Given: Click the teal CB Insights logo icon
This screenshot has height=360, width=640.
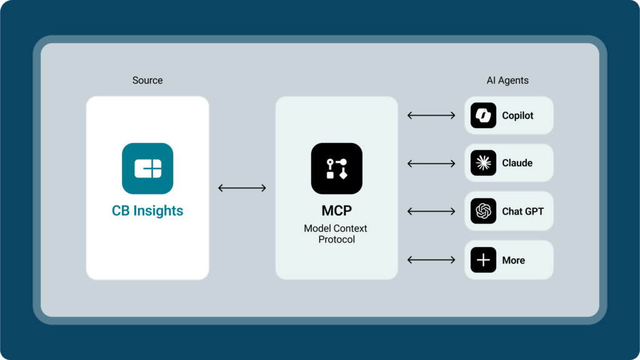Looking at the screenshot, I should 147,168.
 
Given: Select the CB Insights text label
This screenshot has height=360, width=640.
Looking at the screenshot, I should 147,211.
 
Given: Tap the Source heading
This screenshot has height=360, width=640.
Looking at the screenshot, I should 147,81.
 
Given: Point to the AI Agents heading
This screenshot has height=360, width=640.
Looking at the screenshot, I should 507,81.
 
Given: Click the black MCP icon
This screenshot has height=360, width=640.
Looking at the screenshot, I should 336,168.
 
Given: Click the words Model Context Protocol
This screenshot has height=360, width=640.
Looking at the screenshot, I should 336,234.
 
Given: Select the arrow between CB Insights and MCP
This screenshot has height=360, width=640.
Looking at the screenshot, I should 242,187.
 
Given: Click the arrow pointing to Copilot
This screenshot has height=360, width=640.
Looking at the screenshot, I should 431,116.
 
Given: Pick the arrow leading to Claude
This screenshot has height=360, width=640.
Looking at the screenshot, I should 431,164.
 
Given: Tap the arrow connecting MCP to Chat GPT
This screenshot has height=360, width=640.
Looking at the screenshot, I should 431,211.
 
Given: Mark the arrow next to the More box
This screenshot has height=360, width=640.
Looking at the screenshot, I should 431,259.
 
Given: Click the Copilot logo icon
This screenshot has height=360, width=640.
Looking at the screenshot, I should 483,116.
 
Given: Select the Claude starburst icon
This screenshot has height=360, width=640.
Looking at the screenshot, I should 483,163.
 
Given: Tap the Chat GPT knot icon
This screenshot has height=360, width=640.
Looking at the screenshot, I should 483,211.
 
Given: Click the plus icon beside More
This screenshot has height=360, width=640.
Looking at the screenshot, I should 483,260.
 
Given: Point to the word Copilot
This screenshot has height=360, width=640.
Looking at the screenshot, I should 517,116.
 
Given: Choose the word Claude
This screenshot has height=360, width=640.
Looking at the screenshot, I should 517,163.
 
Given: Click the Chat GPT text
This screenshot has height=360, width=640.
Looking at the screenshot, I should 522,211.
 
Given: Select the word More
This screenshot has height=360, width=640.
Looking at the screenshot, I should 513,260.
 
